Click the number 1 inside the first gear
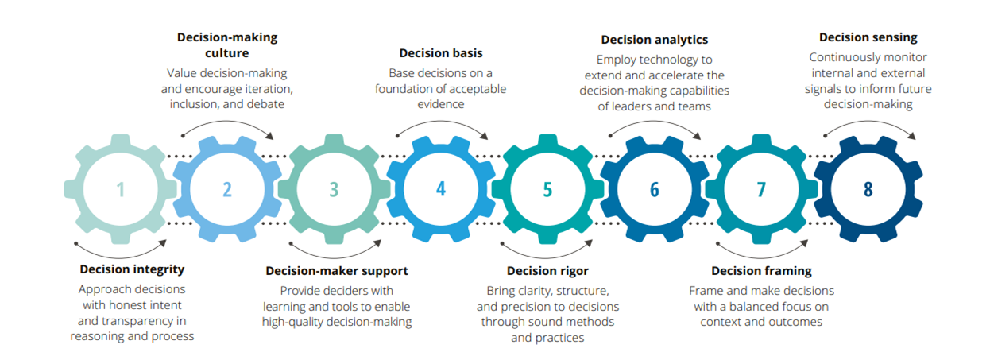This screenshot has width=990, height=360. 121,189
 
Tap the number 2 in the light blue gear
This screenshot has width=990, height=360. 227,189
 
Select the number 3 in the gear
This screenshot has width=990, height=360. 334,189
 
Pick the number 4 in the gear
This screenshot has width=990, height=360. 441,189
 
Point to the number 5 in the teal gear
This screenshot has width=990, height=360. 547,189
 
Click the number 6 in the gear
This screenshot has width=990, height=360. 654,189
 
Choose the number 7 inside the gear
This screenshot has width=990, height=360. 761,189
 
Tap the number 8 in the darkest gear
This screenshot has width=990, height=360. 868,189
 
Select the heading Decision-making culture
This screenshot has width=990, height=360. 227,45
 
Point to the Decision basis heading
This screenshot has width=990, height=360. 440,53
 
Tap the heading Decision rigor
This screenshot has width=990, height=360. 547,270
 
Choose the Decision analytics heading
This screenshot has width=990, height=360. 654,39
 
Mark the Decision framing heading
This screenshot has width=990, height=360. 761,270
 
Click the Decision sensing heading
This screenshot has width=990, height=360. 868,37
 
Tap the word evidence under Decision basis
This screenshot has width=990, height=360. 440,104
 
